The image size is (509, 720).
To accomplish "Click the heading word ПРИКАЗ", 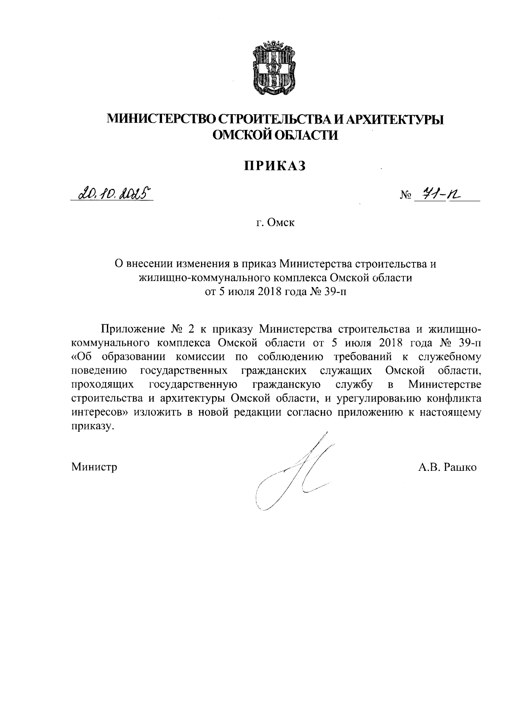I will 274,166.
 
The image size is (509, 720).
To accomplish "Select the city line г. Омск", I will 274,222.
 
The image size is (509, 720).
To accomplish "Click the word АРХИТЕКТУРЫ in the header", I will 395,120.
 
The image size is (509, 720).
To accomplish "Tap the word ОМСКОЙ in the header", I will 241,135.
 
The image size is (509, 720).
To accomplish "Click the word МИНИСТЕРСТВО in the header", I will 162,120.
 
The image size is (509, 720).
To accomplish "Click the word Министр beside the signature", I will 94,467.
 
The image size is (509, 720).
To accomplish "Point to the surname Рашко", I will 460,467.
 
